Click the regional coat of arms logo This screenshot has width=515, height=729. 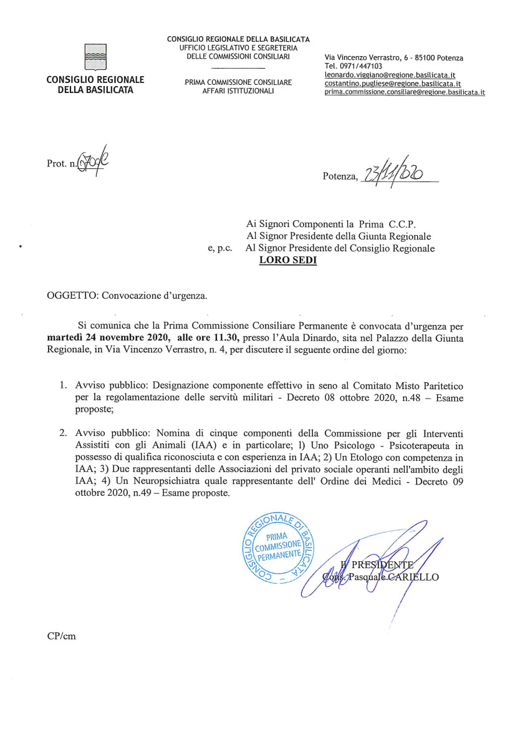[x=95, y=57]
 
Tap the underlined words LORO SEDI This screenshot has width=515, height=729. [x=288, y=261]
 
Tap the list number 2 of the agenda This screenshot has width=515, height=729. [x=63, y=433]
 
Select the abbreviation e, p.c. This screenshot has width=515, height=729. [x=219, y=248]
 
